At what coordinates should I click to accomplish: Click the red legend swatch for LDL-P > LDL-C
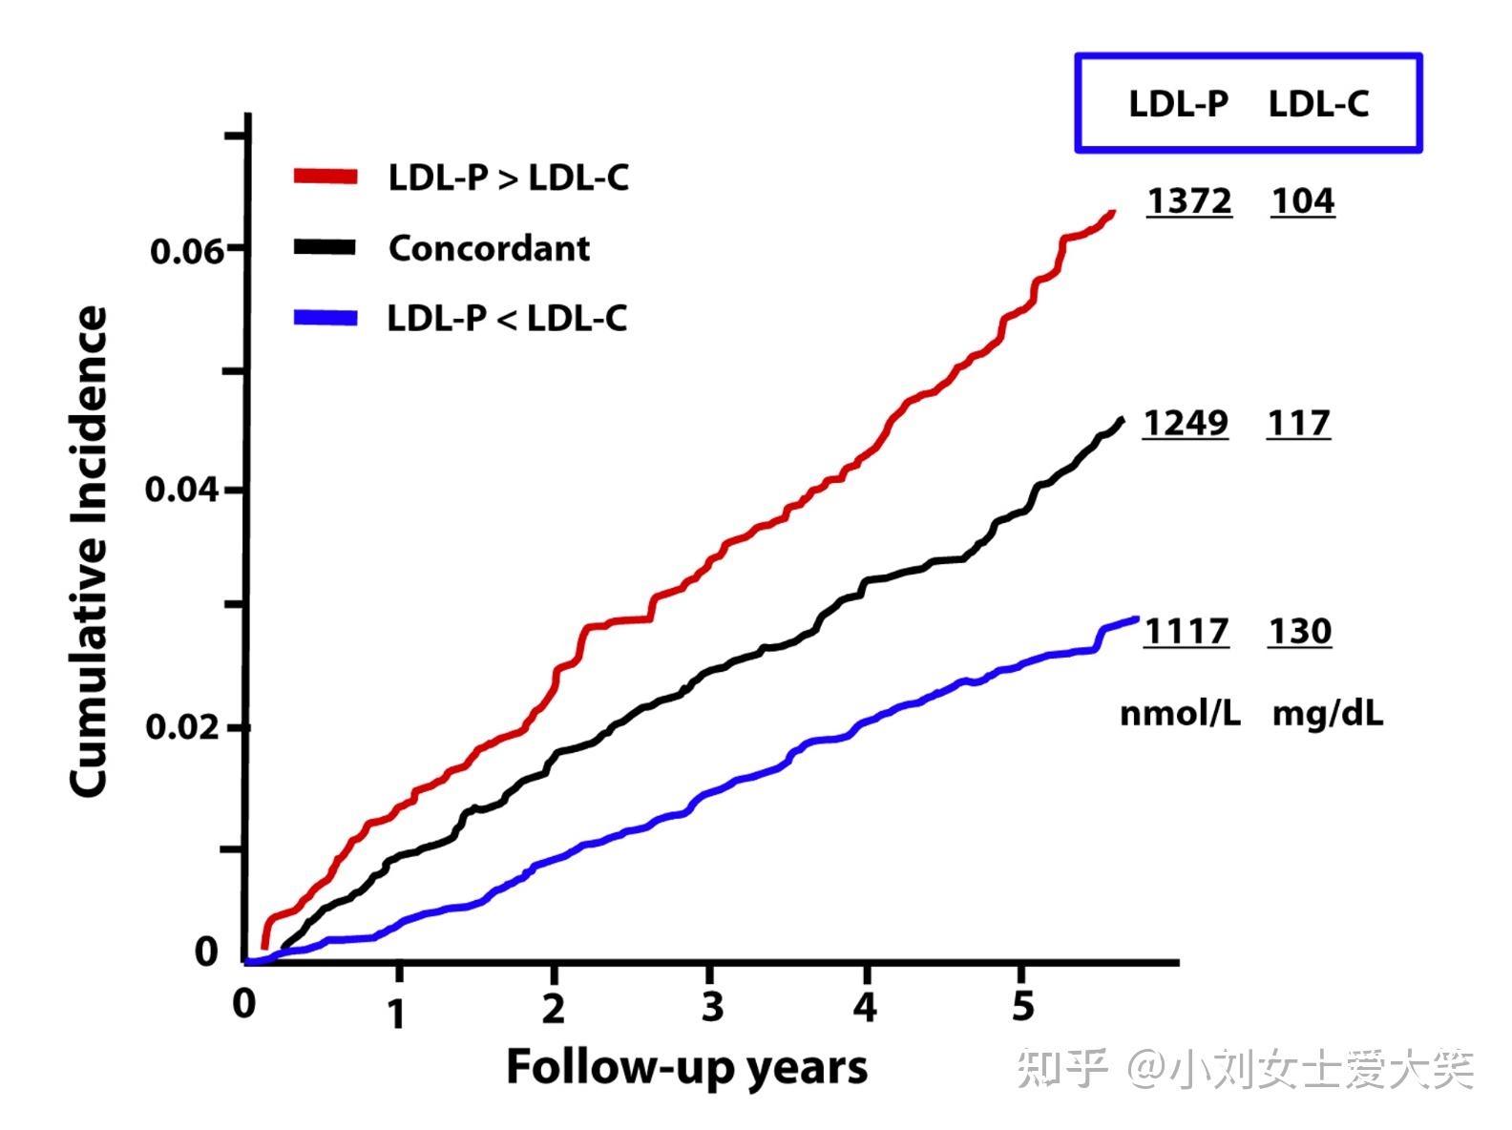325,177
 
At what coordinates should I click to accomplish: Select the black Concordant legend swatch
325,247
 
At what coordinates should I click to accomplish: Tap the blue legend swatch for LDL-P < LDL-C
325,318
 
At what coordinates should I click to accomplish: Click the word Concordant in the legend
489,248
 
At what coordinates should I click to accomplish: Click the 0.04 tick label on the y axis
181,490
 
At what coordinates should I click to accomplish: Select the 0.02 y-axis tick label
181,727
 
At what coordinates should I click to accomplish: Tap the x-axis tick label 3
711,1007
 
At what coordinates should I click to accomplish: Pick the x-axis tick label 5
1022,1006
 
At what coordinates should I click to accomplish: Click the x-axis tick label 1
397,1013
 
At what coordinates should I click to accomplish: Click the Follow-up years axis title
686,1068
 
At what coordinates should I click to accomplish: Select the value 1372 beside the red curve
1189,201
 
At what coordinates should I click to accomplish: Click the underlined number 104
1303,201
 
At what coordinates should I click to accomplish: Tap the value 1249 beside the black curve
1186,423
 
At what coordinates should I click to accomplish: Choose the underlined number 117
1299,423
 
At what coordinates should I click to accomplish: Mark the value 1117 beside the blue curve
1186,631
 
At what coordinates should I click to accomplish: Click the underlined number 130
1300,631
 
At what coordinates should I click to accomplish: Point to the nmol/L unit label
1180,713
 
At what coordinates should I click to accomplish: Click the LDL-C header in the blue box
1318,104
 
